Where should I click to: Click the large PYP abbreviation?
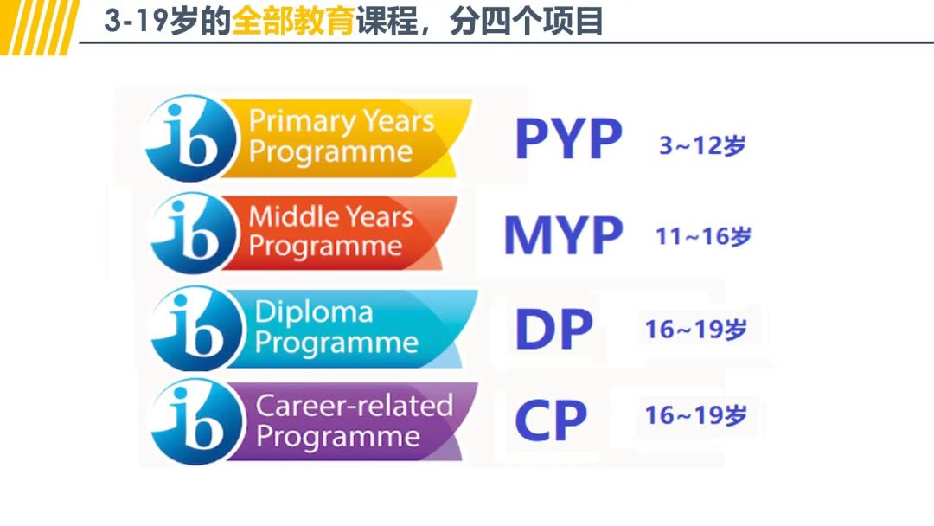click(x=568, y=140)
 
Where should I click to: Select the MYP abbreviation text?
click(x=563, y=235)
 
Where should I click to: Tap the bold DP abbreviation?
click(x=553, y=330)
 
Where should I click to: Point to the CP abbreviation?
click(x=551, y=420)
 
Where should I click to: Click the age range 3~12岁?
click(x=701, y=145)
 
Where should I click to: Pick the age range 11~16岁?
click(x=703, y=236)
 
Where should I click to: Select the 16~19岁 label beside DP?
click(x=695, y=330)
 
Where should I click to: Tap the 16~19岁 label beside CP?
click(x=695, y=415)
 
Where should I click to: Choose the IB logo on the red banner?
click(x=192, y=233)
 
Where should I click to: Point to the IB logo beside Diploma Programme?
click(x=192, y=328)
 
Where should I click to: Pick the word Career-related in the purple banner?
click(x=354, y=406)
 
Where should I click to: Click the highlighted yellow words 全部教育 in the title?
click(x=293, y=22)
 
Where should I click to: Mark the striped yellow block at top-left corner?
click(x=39, y=26)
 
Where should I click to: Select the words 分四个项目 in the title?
click(x=526, y=22)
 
